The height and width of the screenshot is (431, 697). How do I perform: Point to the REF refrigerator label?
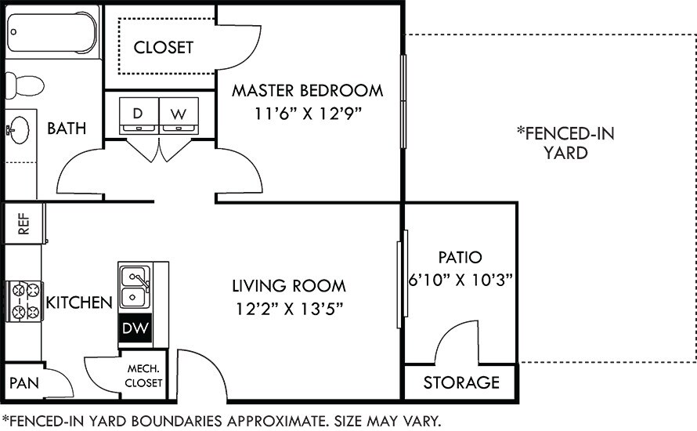coord(23,225)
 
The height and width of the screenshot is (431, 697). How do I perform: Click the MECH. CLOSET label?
coord(144,376)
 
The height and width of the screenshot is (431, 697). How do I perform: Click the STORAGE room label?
coord(461,382)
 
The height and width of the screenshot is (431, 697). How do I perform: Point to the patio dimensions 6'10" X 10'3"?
coord(460,281)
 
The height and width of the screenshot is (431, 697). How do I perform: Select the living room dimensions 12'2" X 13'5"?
coord(289,308)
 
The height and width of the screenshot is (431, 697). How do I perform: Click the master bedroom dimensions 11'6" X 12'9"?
coord(307,112)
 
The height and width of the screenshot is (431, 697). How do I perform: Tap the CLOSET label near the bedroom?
coord(163,47)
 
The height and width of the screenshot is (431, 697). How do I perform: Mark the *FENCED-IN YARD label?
coord(565,143)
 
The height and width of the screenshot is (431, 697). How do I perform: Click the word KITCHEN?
coord(79,302)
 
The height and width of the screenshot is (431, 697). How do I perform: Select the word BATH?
coord(67,129)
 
